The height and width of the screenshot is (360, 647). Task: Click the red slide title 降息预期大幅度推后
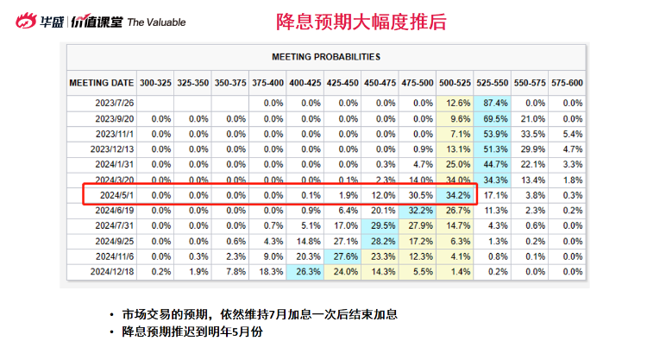coord(361,22)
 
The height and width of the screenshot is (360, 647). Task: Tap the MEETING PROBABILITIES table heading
coord(326,57)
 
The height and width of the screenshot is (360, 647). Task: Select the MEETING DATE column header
coord(102,83)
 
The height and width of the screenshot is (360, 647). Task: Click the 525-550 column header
coord(490,83)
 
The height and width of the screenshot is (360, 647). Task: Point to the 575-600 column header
coord(566,83)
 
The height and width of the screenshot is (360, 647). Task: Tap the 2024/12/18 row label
coord(113,272)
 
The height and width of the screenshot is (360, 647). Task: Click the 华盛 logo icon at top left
coord(26,21)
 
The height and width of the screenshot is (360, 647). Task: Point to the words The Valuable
coord(156,22)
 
